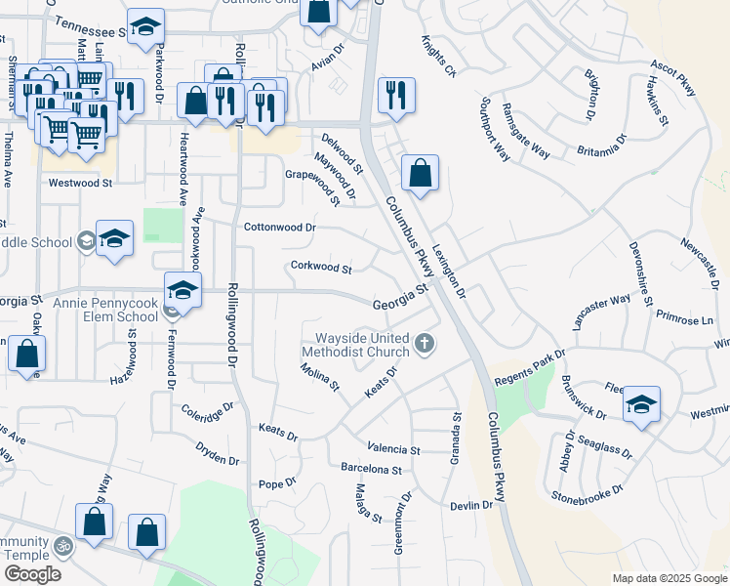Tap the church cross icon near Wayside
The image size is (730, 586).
[423, 343]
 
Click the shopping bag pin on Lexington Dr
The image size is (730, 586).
[420, 175]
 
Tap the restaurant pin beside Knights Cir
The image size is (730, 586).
[396, 96]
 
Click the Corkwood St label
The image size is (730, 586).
[320, 267]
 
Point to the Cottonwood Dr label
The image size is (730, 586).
[280, 227]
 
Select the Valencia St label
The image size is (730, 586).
[393, 450]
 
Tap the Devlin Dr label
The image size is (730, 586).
[471, 505]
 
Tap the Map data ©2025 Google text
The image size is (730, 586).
[669, 578]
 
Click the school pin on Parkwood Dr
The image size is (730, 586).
[145, 27]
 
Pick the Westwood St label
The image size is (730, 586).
[81, 183]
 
